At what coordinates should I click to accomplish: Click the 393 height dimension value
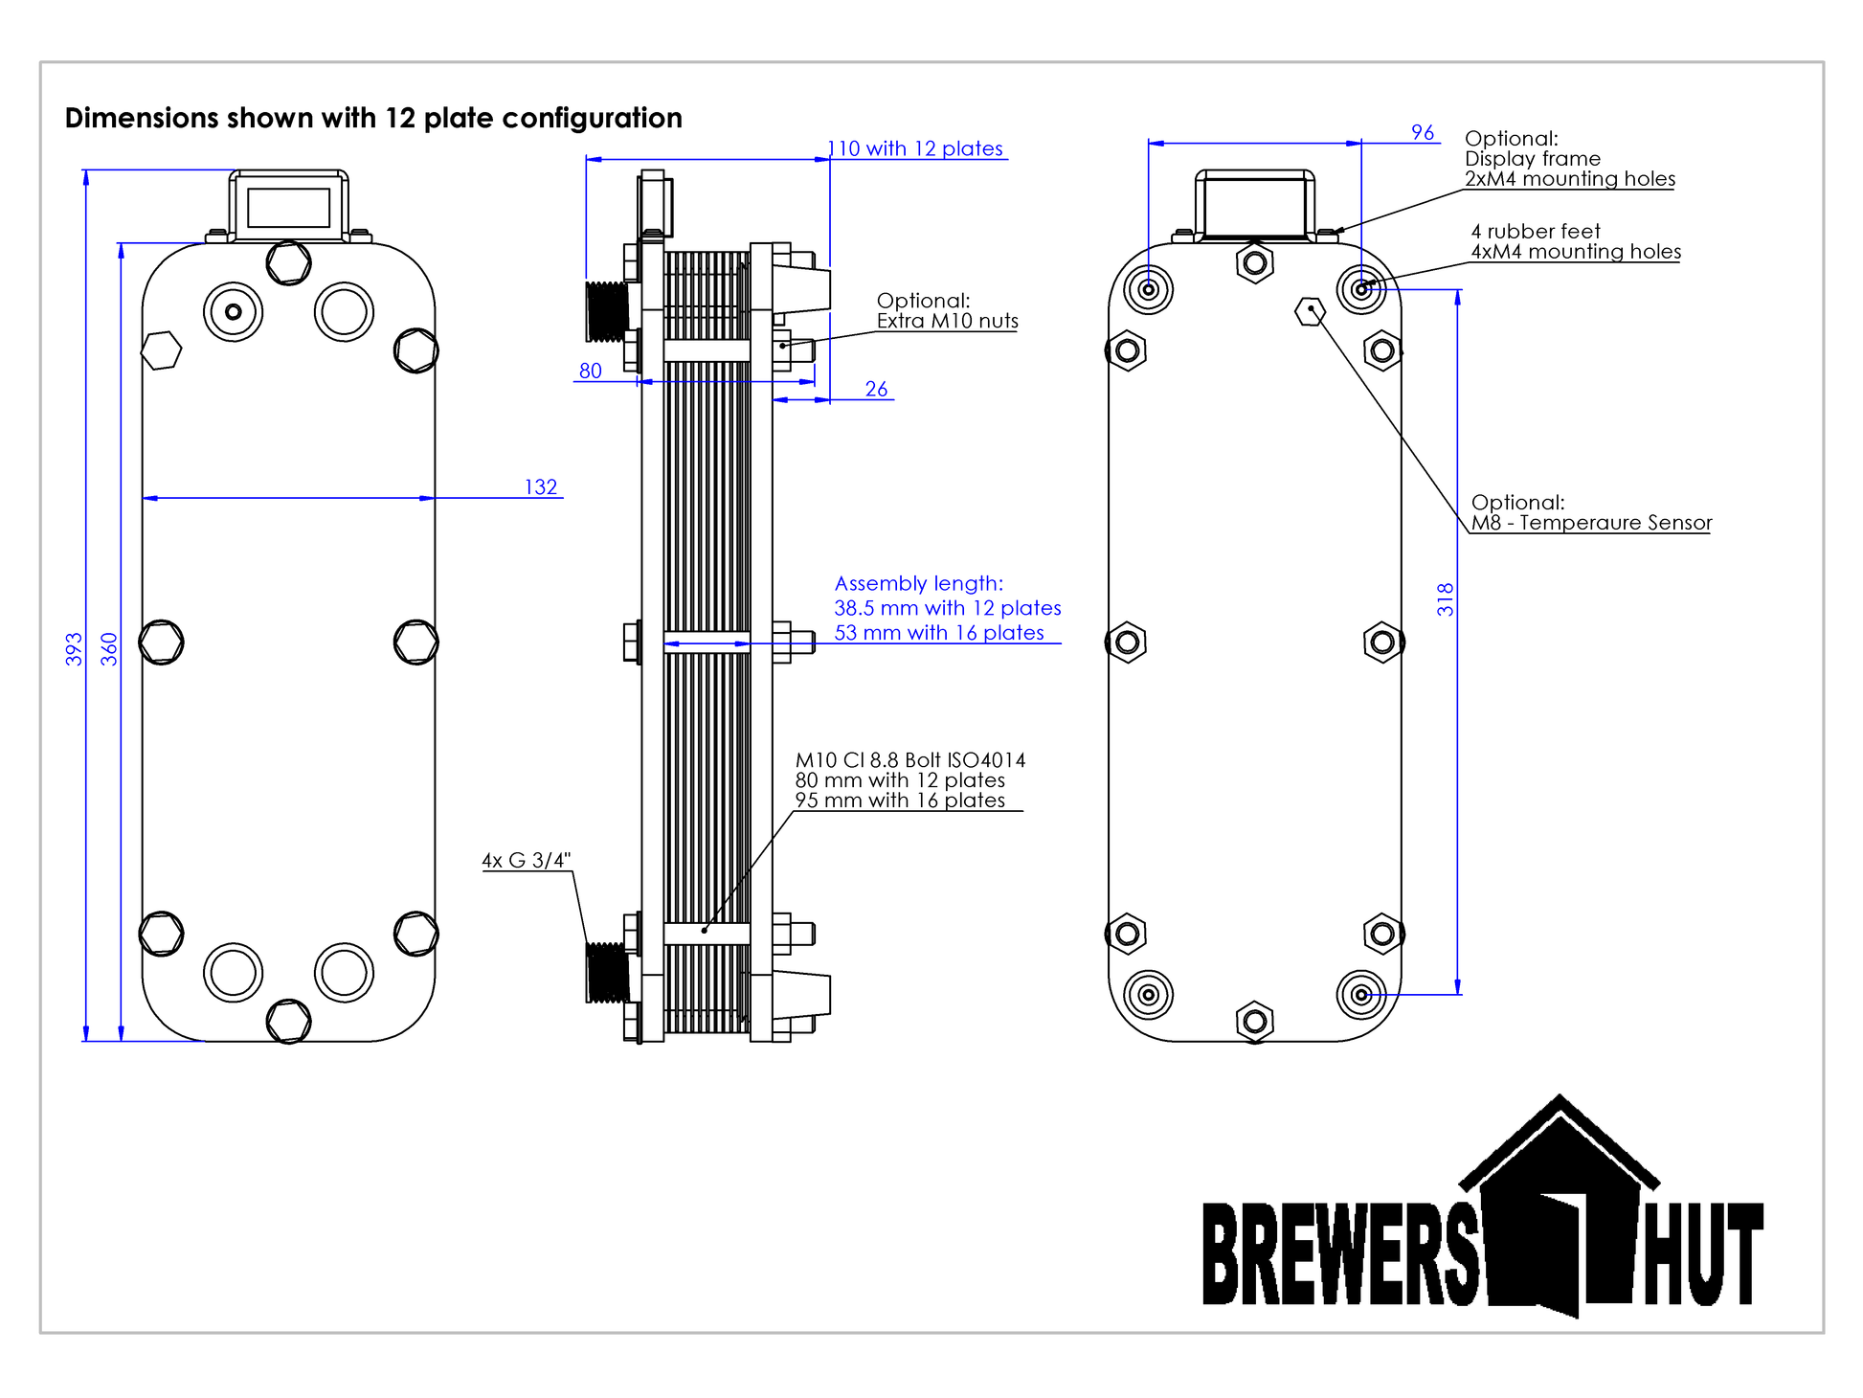pos(74,648)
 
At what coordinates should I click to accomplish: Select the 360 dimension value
pos(109,648)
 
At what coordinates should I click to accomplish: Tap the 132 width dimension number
pos(541,486)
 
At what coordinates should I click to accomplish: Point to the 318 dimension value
pos(1446,599)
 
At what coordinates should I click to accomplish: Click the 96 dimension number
pos(1423,132)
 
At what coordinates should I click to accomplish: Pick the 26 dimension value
pos(876,389)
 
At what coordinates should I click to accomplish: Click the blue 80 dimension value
pos(591,371)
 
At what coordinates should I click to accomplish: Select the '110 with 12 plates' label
pos(916,148)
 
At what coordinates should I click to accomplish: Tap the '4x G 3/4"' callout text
pos(526,860)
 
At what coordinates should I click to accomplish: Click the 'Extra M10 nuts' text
pos(947,321)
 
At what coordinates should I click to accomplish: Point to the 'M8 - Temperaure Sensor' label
pos(1591,523)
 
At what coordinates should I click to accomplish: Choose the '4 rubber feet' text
pos(1536,231)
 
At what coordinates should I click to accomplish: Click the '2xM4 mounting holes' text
pos(1570,179)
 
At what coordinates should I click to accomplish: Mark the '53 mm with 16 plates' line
pos(938,633)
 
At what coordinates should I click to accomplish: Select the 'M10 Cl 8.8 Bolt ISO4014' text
pos(909,760)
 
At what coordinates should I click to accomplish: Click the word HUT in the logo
pos(1704,1254)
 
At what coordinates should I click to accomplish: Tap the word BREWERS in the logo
pos(1340,1254)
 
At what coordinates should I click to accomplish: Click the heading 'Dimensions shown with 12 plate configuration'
pos(373,118)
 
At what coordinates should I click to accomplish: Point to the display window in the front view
pos(288,207)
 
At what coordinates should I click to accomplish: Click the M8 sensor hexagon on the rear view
pos(1310,311)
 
